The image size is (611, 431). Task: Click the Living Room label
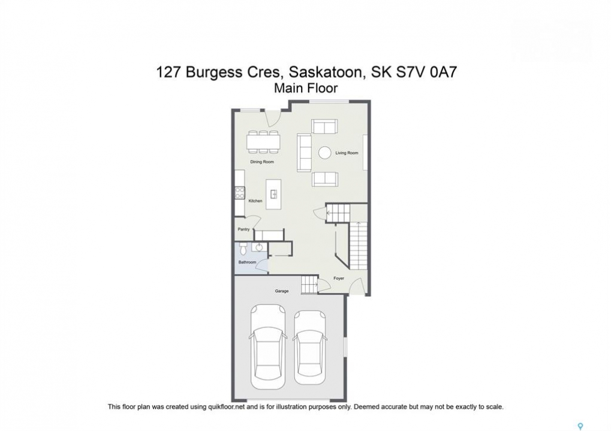pos(347,153)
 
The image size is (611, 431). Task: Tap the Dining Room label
pos(262,162)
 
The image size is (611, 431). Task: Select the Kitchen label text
pos(255,201)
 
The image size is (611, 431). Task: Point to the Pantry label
pos(243,229)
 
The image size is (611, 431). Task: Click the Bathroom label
pos(247,262)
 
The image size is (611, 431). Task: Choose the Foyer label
pos(339,278)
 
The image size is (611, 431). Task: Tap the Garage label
pos(282,290)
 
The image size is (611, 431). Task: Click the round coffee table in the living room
pos(324,153)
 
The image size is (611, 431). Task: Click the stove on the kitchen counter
pos(239,193)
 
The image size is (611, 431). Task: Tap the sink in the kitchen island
pos(273,193)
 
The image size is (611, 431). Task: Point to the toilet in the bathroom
pos(243,247)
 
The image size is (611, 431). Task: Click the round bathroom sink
pos(259,247)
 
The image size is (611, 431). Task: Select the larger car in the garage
pos(268,347)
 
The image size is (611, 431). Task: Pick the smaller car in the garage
pos(309,347)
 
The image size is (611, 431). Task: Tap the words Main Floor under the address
pos(306,88)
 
